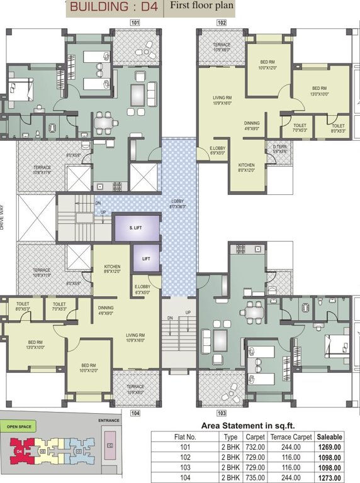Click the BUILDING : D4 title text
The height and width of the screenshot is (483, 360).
tap(113, 8)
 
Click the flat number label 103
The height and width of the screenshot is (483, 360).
tap(222, 413)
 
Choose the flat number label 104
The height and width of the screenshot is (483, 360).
tap(134, 413)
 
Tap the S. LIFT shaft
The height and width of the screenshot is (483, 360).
tap(135, 228)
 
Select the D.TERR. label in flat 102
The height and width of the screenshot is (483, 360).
tap(280, 149)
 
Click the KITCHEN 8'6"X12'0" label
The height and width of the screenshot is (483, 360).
tap(112, 269)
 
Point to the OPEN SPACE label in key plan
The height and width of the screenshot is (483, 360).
tap(20, 426)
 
